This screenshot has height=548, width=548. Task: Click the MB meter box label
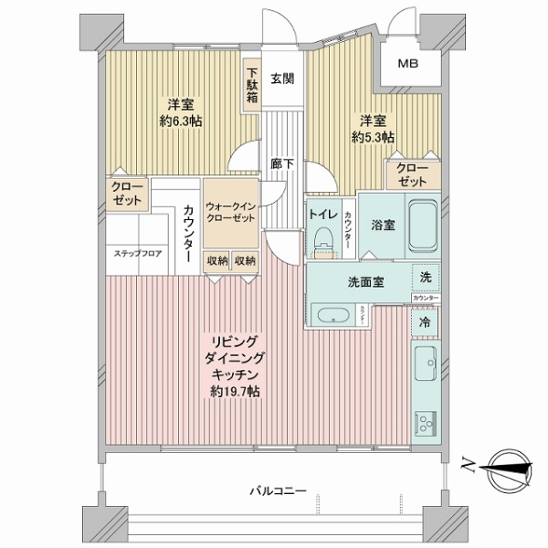coord(408,64)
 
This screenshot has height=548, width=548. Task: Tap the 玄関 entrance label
coord(282,79)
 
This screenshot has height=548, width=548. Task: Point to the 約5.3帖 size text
coord(375,136)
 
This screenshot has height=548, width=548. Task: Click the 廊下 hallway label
coord(282,164)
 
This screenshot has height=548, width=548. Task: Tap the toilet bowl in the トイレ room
coord(321,237)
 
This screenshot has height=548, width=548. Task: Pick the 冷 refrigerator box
coord(425,321)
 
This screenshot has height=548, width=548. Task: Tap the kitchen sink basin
coord(426,365)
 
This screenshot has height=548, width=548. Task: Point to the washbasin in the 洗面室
coord(332,317)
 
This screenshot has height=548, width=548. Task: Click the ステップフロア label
coord(138,253)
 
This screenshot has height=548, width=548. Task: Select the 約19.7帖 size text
coord(234,392)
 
